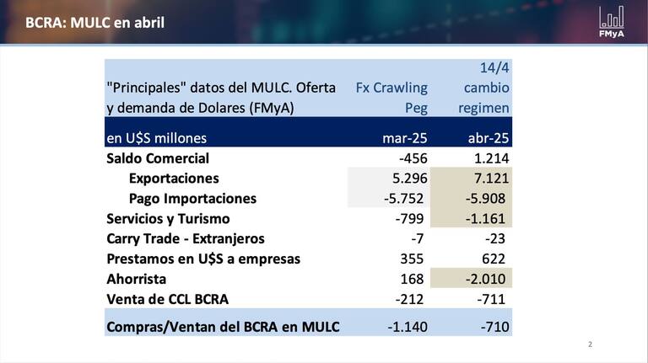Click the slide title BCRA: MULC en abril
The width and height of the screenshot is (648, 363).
pyautogui.click(x=94, y=22)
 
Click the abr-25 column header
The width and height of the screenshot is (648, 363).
pyautogui.click(x=486, y=138)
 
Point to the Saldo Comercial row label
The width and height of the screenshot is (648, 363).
pyautogui.click(x=158, y=158)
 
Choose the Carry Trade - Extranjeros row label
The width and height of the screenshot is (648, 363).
pyautogui.click(x=186, y=239)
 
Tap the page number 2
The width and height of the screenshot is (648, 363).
pyautogui.click(x=590, y=344)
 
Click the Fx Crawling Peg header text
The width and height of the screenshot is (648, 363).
pyautogui.click(x=391, y=98)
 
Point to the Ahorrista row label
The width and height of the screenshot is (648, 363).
pyautogui.click(x=137, y=279)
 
